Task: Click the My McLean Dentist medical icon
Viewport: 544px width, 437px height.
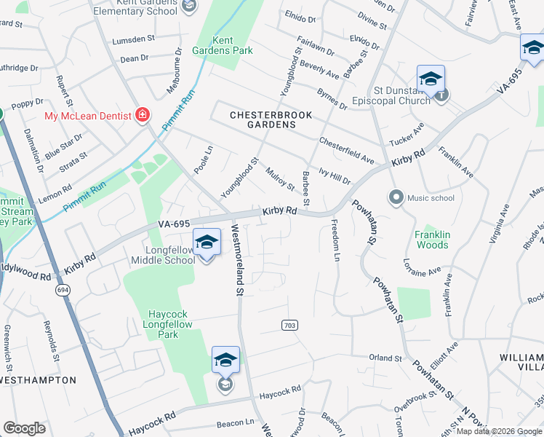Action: pos(143,115)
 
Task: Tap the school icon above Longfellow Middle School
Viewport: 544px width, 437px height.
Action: pos(207,243)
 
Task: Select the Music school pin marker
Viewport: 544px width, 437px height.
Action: pos(396,197)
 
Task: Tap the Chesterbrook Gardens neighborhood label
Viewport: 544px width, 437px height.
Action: pos(263,119)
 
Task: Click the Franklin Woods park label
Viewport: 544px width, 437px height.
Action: pos(432,240)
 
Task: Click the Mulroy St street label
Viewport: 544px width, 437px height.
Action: pos(280,179)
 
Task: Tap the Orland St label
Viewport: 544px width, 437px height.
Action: pos(385,358)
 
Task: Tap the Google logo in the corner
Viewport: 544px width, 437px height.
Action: pos(24,428)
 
